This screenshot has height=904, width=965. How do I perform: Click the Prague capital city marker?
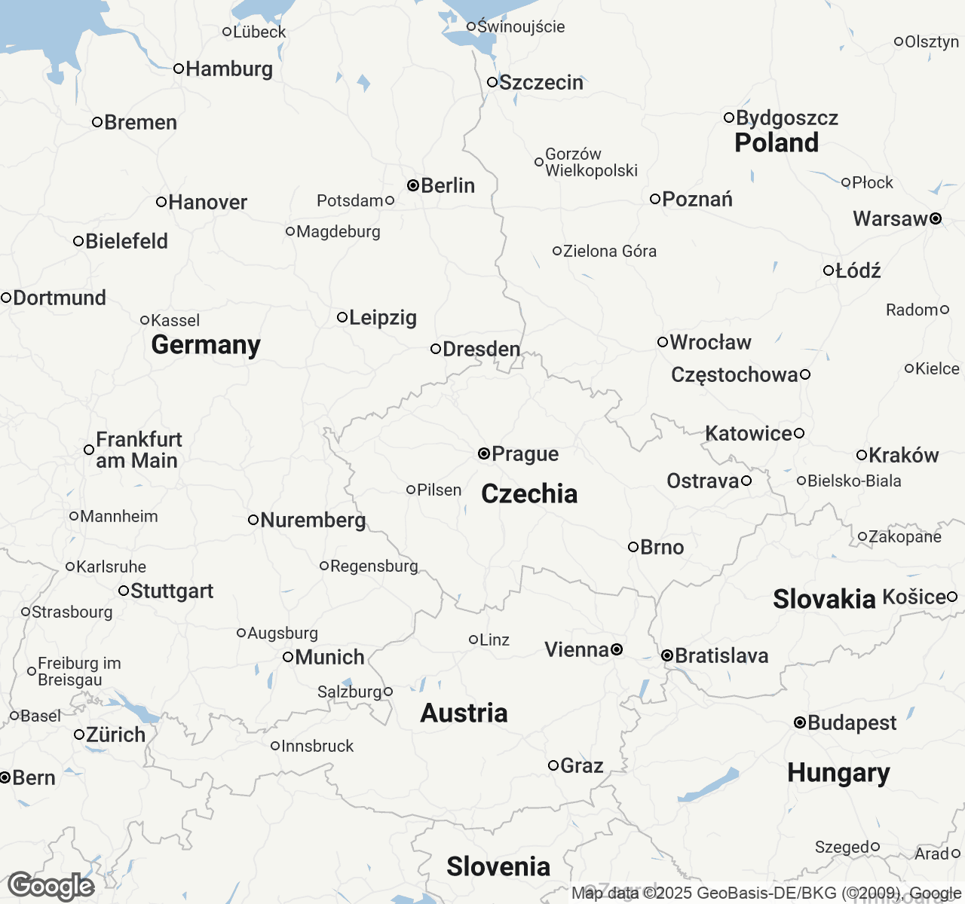pos(484,454)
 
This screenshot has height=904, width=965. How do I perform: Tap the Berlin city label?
pos(447,185)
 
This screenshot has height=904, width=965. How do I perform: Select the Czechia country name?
pos(529,493)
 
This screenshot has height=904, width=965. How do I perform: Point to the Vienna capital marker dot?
pos(617,649)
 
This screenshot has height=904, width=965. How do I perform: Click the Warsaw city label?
pos(890,218)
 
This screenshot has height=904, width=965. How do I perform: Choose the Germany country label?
pos(206,344)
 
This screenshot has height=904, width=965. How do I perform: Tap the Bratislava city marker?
pos(667,656)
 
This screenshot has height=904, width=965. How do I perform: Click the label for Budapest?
pos(851,723)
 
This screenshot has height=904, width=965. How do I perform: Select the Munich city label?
pos(329,657)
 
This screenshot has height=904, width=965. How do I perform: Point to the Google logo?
pos(51,887)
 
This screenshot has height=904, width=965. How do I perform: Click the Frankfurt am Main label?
pos(138,450)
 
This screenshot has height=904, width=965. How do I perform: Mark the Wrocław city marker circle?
pos(663,342)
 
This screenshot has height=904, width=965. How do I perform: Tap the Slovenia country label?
pos(498,866)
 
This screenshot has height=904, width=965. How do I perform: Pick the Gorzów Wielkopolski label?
pos(590,163)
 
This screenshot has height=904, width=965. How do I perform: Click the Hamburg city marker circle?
pos(179,69)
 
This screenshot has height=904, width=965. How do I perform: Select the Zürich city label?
pos(115,734)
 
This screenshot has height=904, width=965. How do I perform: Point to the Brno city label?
pos(662,547)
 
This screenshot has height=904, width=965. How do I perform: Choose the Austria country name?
pos(464,713)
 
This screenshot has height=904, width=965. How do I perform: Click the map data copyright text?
pos(765,893)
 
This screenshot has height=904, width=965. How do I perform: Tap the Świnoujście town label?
pos(520,26)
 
